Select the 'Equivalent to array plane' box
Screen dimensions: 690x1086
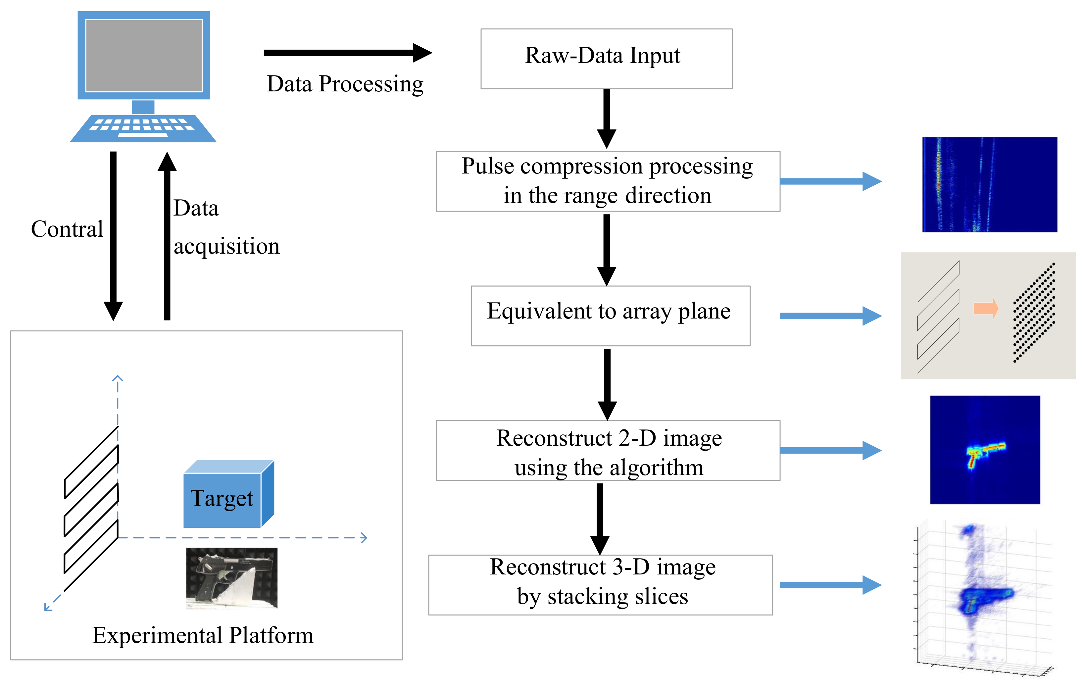coord(610,315)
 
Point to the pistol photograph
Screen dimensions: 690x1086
coord(231,578)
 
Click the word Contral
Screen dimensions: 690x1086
coord(67,229)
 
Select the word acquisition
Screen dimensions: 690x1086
coord(226,246)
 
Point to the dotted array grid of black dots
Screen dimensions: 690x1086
coord(1033,312)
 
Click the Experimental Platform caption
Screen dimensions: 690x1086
coord(203,635)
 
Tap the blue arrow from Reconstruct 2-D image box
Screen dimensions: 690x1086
coord(830,450)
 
